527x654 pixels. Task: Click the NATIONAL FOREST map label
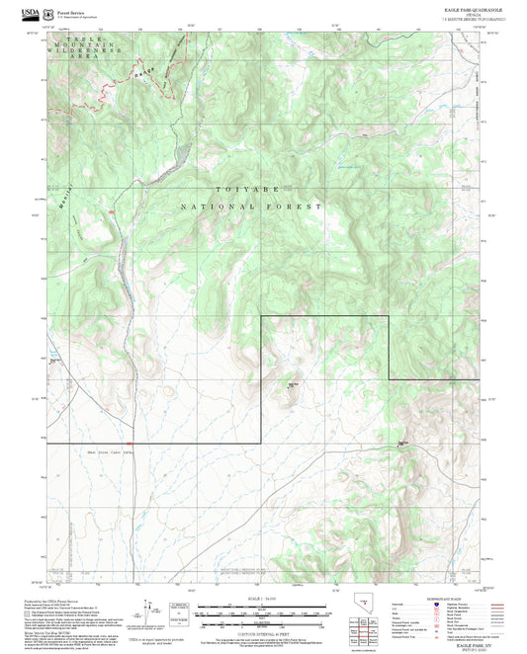click(251, 207)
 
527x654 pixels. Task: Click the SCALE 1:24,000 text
click(262, 600)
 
